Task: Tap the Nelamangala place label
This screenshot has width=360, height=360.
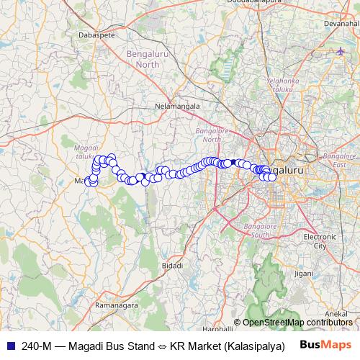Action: point(177,106)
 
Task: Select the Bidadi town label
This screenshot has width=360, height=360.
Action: point(173,266)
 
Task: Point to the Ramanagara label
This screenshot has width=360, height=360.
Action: point(117,306)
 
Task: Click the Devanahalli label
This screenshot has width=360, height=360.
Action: point(341,24)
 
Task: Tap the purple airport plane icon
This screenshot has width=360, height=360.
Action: point(341,51)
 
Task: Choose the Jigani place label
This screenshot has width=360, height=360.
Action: point(304,274)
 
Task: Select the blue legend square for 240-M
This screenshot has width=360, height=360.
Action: point(10,345)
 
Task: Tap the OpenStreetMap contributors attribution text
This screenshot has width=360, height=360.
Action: point(295,323)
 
